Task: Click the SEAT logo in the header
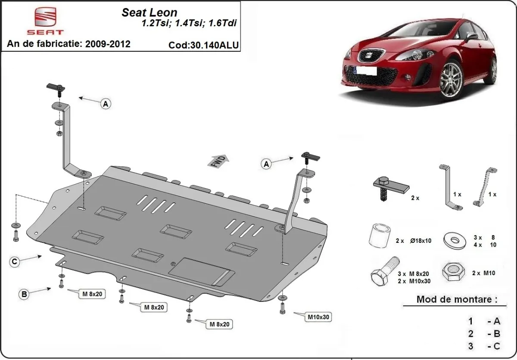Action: pos(45,21)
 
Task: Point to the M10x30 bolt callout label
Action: pos(318,317)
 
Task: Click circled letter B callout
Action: pos(24,295)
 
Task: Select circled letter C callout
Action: pos(15,261)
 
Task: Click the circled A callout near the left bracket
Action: pos(106,103)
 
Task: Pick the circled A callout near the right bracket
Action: pos(266,164)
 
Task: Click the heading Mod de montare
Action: pos(457,299)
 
